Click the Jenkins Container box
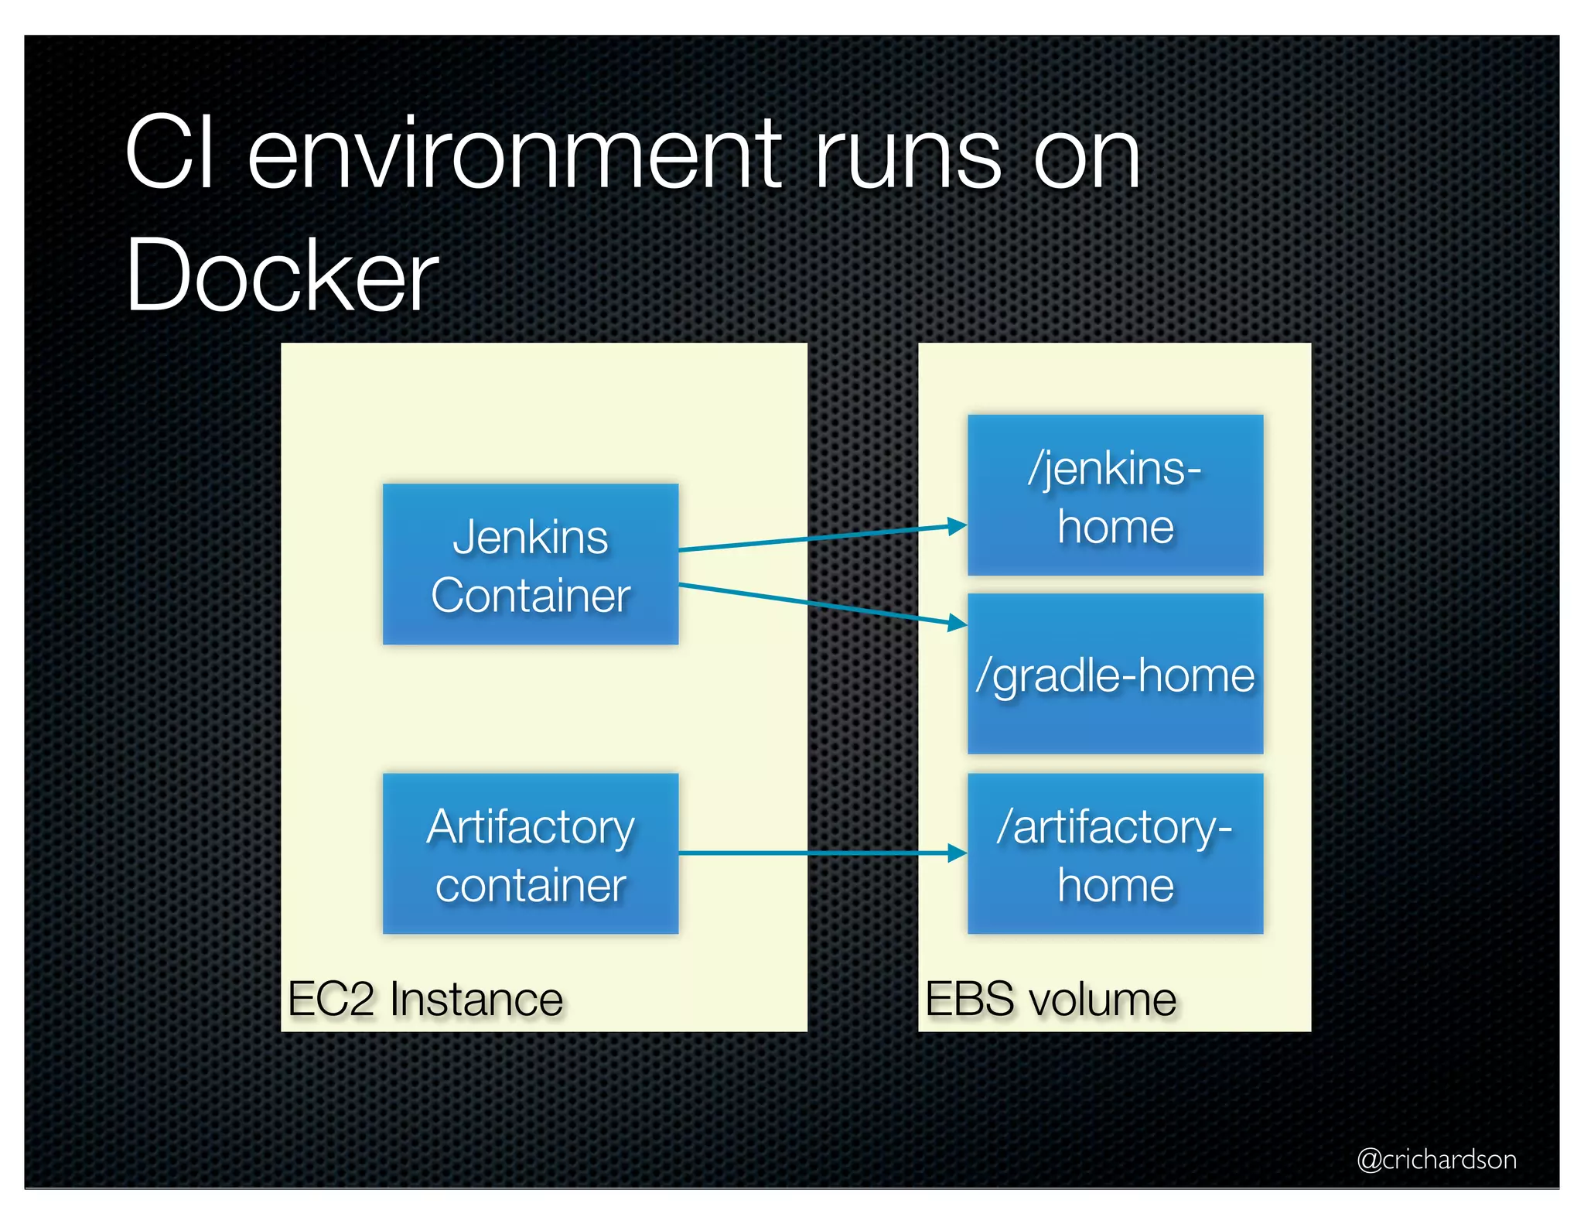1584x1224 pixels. coord(531,564)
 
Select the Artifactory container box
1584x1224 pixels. coord(531,853)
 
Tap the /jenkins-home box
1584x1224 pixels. coord(1115,495)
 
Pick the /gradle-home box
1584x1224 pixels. coord(1115,674)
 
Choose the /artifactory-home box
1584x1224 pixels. coord(1115,853)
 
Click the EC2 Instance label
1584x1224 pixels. coord(425,999)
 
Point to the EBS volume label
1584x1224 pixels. coord(1050,999)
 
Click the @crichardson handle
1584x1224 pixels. coord(1436,1159)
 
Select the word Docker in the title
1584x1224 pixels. coord(282,275)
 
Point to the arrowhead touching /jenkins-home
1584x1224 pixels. coord(958,526)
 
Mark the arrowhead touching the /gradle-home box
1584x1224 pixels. coord(958,622)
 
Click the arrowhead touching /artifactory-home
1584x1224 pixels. coord(958,853)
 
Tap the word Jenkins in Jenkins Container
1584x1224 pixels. coord(531,537)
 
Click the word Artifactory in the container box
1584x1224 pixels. coord(531,826)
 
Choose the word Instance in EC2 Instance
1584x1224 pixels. coord(476,999)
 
